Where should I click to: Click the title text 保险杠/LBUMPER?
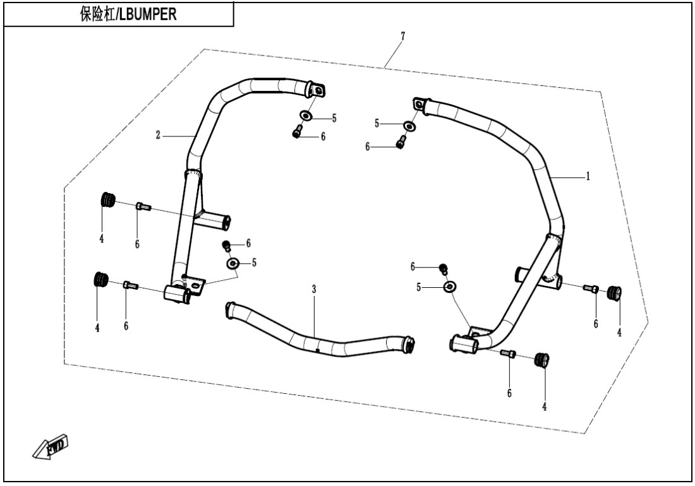click(119, 14)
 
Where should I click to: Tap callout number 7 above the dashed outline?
click(402, 36)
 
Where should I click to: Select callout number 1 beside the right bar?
click(588, 177)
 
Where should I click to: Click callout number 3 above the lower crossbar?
click(313, 288)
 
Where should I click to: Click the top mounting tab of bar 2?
click(318, 90)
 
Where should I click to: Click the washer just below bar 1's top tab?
click(409, 126)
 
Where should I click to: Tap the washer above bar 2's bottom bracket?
click(233, 262)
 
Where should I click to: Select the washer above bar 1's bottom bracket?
click(449, 287)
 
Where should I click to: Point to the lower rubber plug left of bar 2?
click(101, 279)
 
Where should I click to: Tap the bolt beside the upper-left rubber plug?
click(143, 206)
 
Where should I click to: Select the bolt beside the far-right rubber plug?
click(593, 289)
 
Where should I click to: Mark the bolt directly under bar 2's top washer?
click(296, 133)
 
